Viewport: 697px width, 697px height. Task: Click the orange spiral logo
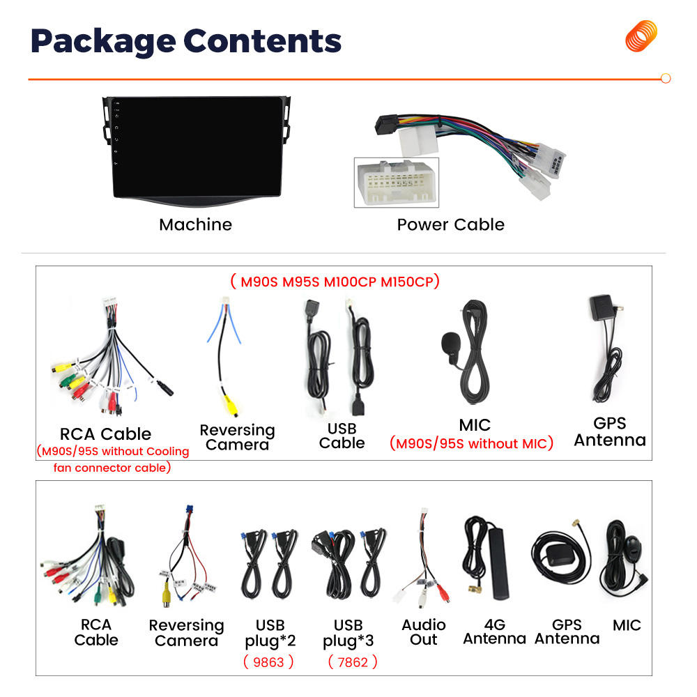pos(641,36)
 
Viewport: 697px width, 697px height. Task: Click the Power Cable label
pos(450,224)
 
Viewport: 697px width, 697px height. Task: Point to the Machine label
pos(195,224)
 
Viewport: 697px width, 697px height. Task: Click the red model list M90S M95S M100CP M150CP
pos(334,282)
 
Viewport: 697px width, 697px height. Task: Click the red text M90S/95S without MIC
pos(471,443)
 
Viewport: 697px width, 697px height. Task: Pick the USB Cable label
pos(342,436)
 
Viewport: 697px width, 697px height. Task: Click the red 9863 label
pos(268,661)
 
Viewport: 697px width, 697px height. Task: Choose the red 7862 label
pos(352,661)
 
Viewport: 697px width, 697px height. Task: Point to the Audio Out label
pos(423,632)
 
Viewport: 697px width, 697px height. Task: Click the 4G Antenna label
pos(494,631)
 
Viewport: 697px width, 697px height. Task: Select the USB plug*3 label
pos(348,632)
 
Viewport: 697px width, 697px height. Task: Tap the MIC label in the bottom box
pos(627,625)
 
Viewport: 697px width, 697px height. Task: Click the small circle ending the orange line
pos(665,79)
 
